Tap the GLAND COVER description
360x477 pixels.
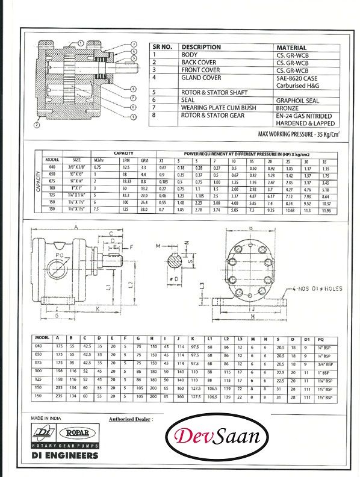click(x=200, y=78)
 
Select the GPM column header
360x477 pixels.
click(x=143, y=160)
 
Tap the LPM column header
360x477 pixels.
click(x=125, y=160)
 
